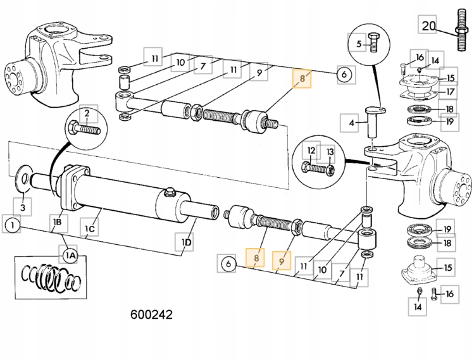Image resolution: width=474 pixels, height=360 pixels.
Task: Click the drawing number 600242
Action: pyautogui.click(x=151, y=314)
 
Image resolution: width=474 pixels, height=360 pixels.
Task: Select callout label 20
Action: pyautogui.click(x=429, y=26)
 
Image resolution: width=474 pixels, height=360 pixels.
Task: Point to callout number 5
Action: pyautogui.click(x=359, y=44)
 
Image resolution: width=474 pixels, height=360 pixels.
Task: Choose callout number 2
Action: pyautogui.click(x=87, y=115)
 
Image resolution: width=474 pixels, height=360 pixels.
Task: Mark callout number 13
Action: pyautogui.click(x=330, y=152)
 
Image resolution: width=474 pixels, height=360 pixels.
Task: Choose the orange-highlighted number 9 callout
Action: pyautogui.click(x=282, y=259)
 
